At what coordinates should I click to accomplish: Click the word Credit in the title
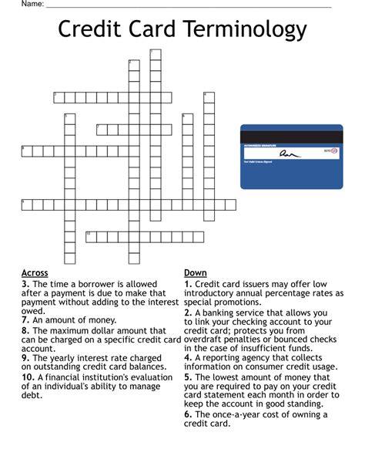[x=85, y=30]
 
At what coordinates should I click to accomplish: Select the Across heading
[x=35, y=273]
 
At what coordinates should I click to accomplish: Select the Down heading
[x=195, y=273]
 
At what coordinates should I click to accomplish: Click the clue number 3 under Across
[x=25, y=284]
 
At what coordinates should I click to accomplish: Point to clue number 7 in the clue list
[x=25, y=319]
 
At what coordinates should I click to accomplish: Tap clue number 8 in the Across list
[x=25, y=330]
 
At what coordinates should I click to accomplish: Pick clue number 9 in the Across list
[x=25, y=357]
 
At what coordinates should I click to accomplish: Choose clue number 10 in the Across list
[x=28, y=377]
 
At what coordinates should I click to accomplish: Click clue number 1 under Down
[x=188, y=284]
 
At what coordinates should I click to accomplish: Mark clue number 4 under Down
[x=188, y=358]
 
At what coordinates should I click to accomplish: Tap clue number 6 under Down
[x=188, y=414]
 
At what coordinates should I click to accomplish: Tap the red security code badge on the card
[x=329, y=153]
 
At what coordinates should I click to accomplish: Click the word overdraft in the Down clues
[x=208, y=340]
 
